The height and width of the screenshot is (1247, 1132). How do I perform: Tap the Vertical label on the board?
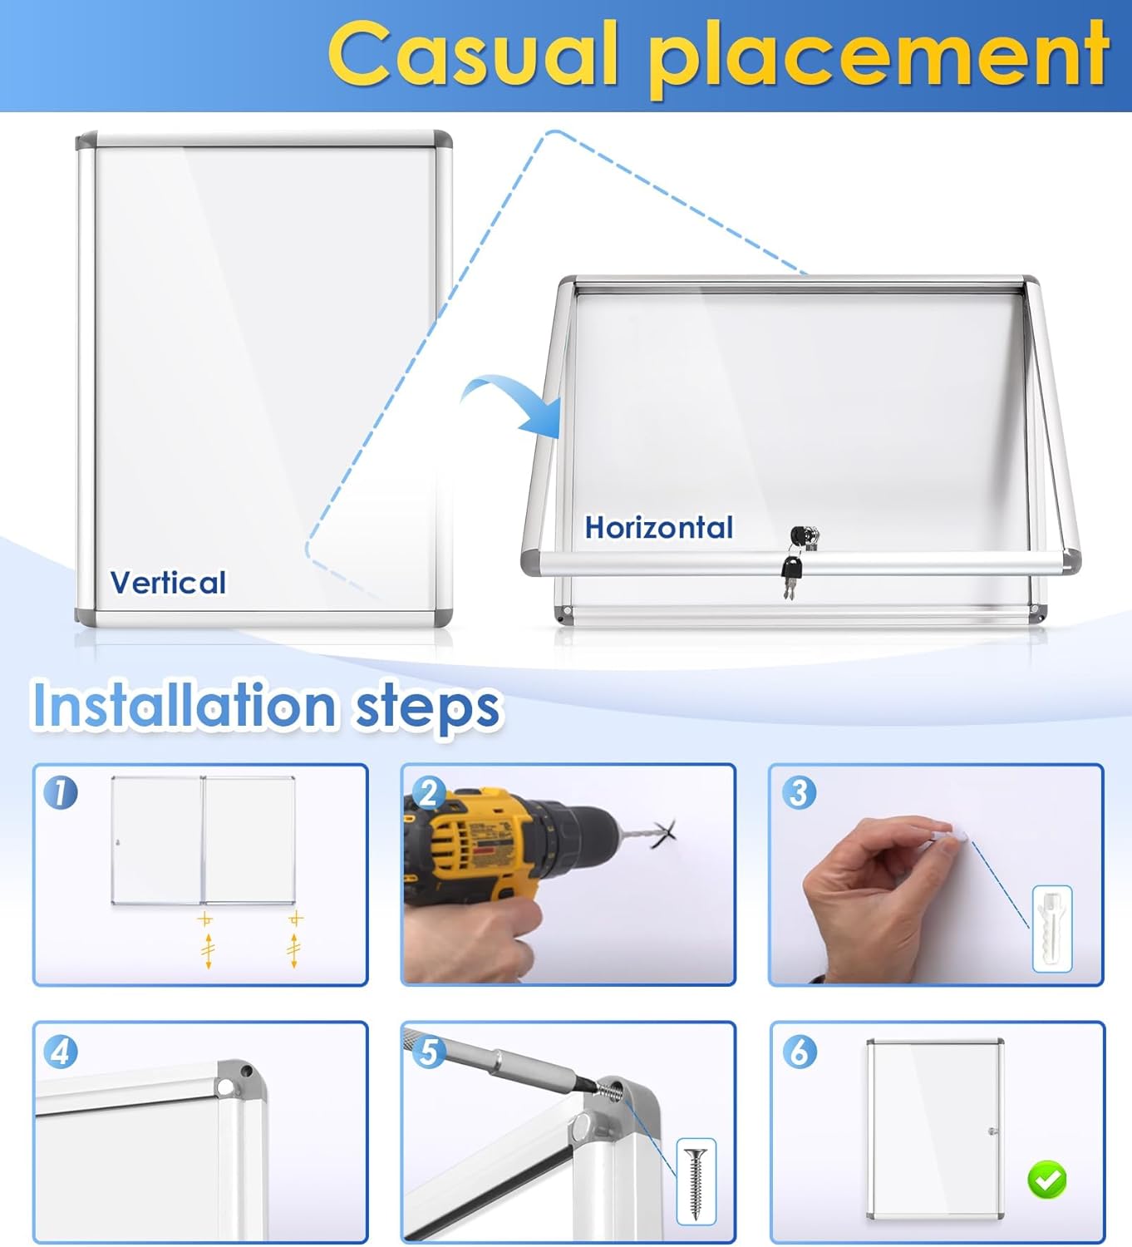point(168,583)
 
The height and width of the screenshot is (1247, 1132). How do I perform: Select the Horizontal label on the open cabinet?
point(658,528)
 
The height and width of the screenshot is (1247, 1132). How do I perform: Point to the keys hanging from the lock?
point(791,571)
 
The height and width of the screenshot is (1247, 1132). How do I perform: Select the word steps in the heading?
point(427,707)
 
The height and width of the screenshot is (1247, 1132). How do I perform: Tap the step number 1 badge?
point(61,792)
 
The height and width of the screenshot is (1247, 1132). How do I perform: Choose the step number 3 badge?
point(799,792)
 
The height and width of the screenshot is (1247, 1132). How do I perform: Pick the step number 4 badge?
point(61,1052)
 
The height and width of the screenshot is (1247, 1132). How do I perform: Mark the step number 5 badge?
point(429,1052)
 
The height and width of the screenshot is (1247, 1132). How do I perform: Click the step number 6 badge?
point(799,1052)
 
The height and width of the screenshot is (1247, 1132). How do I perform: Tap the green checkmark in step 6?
point(1046,1179)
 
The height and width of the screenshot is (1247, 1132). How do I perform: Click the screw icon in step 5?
point(696,1181)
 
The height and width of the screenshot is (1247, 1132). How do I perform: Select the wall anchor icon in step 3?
point(1051,929)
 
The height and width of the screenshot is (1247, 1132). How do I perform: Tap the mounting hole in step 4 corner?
point(225,1087)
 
